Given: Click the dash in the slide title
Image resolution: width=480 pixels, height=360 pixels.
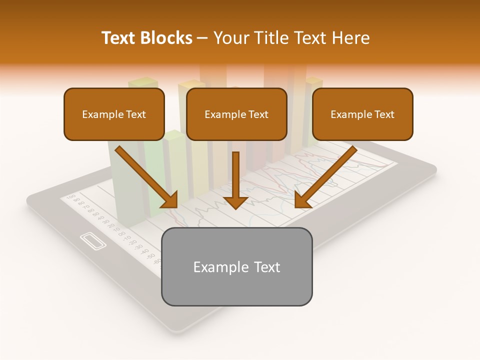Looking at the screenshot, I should (x=202, y=38).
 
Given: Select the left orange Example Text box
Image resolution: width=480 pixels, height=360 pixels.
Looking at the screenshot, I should (x=114, y=114).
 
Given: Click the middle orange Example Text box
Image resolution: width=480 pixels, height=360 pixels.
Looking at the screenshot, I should (x=236, y=114).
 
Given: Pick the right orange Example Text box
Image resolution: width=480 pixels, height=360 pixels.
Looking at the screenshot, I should (x=362, y=114).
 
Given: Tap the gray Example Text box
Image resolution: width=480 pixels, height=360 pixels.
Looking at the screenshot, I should (x=236, y=266).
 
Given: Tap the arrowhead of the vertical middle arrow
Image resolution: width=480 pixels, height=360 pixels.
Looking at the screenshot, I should (x=235, y=201).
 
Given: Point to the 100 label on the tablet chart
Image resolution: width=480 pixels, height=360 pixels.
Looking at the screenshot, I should (x=70, y=195).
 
